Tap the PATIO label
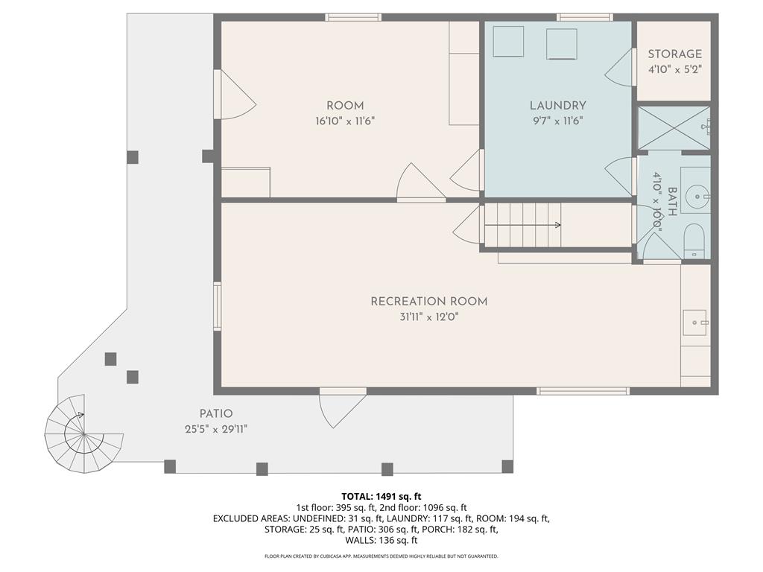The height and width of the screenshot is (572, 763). (216, 414)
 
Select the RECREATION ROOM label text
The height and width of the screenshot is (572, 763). (429, 302)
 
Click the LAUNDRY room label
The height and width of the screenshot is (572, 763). (558, 106)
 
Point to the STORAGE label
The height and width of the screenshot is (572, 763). (674, 54)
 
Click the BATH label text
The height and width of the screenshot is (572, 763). (673, 201)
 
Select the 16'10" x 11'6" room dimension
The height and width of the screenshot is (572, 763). (345, 120)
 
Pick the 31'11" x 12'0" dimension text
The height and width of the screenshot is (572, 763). (429, 317)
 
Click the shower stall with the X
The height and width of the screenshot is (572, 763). (674, 128)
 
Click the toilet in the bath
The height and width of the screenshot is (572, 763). (694, 239)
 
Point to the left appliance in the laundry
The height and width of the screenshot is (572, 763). (508, 42)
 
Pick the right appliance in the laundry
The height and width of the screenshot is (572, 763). (562, 44)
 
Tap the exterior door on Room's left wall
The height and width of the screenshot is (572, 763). (234, 95)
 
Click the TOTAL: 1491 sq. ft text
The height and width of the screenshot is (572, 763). (381, 496)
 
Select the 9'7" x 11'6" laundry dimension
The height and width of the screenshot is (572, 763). (558, 120)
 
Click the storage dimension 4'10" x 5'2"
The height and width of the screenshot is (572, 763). (674, 69)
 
